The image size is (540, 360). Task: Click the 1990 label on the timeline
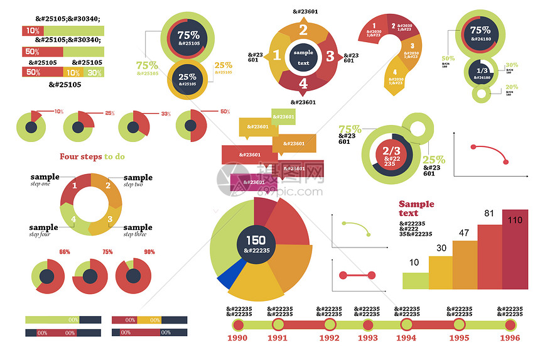(x=237, y=338)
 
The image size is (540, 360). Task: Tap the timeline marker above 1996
(x=510, y=325)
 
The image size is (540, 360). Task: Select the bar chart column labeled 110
(x=515, y=251)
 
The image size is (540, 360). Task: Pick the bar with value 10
(x=415, y=280)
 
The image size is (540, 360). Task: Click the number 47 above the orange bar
(x=465, y=233)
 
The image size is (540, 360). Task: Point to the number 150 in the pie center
(x=256, y=240)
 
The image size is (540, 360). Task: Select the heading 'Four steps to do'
(x=92, y=156)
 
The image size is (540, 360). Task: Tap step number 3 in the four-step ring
(x=110, y=219)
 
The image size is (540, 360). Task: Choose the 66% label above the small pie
(x=65, y=252)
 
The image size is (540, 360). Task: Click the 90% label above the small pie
(x=149, y=252)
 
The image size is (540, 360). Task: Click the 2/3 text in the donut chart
(x=391, y=151)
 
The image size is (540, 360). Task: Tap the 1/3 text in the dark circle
(x=482, y=70)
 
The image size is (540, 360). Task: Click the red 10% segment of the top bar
(x=32, y=30)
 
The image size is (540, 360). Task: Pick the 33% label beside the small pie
(x=166, y=114)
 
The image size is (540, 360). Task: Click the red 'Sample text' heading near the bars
(x=416, y=209)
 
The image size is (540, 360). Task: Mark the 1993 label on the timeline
(x=368, y=338)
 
